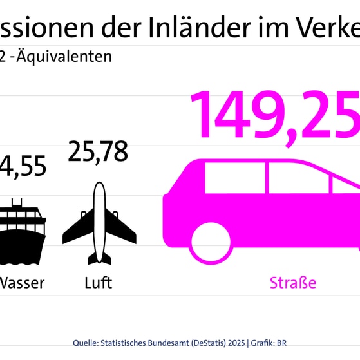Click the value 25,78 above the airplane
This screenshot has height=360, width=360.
[x=98, y=152]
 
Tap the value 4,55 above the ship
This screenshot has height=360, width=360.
[x=24, y=166]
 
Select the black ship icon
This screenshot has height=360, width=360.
[x=23, y=234]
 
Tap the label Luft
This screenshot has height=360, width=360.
[x=98, y=282]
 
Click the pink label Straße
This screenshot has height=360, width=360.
[x=293, y=282]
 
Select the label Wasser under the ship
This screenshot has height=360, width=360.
[x=21, y=282]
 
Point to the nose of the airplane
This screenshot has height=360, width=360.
[x=99, y=185]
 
